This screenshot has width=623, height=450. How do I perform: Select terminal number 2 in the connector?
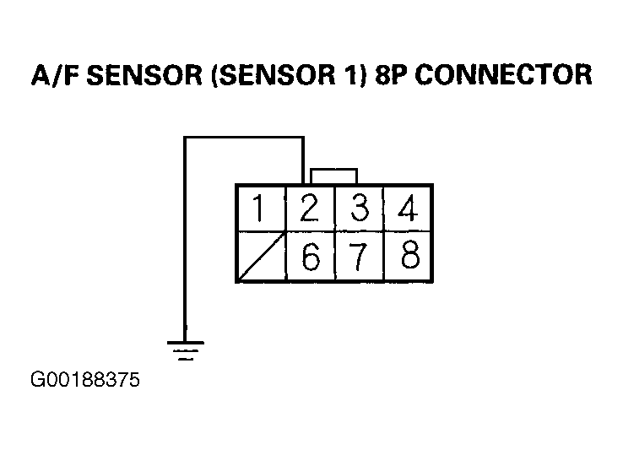(x=311, y=208)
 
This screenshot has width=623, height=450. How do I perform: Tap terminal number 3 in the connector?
(x=360, y=208)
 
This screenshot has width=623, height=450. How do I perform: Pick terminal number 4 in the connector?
(x=408, y=208)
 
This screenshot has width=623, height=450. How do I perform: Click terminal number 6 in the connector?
(x=311, y=257)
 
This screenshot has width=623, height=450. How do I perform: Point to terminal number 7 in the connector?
(x=360, y=257)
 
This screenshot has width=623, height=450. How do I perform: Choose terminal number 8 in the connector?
(x=408, y=257)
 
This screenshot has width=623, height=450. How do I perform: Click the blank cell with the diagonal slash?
(x=262, y=257)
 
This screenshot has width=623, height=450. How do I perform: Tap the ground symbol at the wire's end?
(x=185, y=350)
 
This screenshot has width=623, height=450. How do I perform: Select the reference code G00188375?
(x=85, y=380)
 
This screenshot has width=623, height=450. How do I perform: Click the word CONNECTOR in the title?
(x=504, y=74)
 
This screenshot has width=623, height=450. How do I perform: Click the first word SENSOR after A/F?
(x=144, y=74)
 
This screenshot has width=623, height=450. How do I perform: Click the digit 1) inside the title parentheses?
(x=355, y=74)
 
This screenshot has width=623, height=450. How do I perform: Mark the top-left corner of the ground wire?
(x=185, y=138)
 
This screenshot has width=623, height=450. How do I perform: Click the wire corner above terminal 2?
(x=303, y=138)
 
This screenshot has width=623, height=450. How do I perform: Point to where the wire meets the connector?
(x=303, y=184)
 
